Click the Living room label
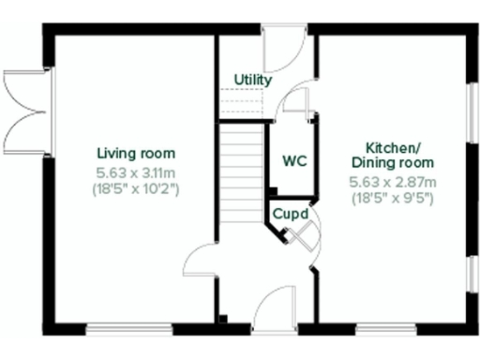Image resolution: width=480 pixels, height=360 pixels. [x=137, y=154]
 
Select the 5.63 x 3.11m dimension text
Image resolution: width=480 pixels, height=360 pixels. [x=137, y=172]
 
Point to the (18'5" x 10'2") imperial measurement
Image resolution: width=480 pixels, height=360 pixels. [x=137, y=189]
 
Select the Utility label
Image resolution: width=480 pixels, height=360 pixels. [x=253, y=81]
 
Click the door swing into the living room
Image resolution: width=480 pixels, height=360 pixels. [x=199, y=261]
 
